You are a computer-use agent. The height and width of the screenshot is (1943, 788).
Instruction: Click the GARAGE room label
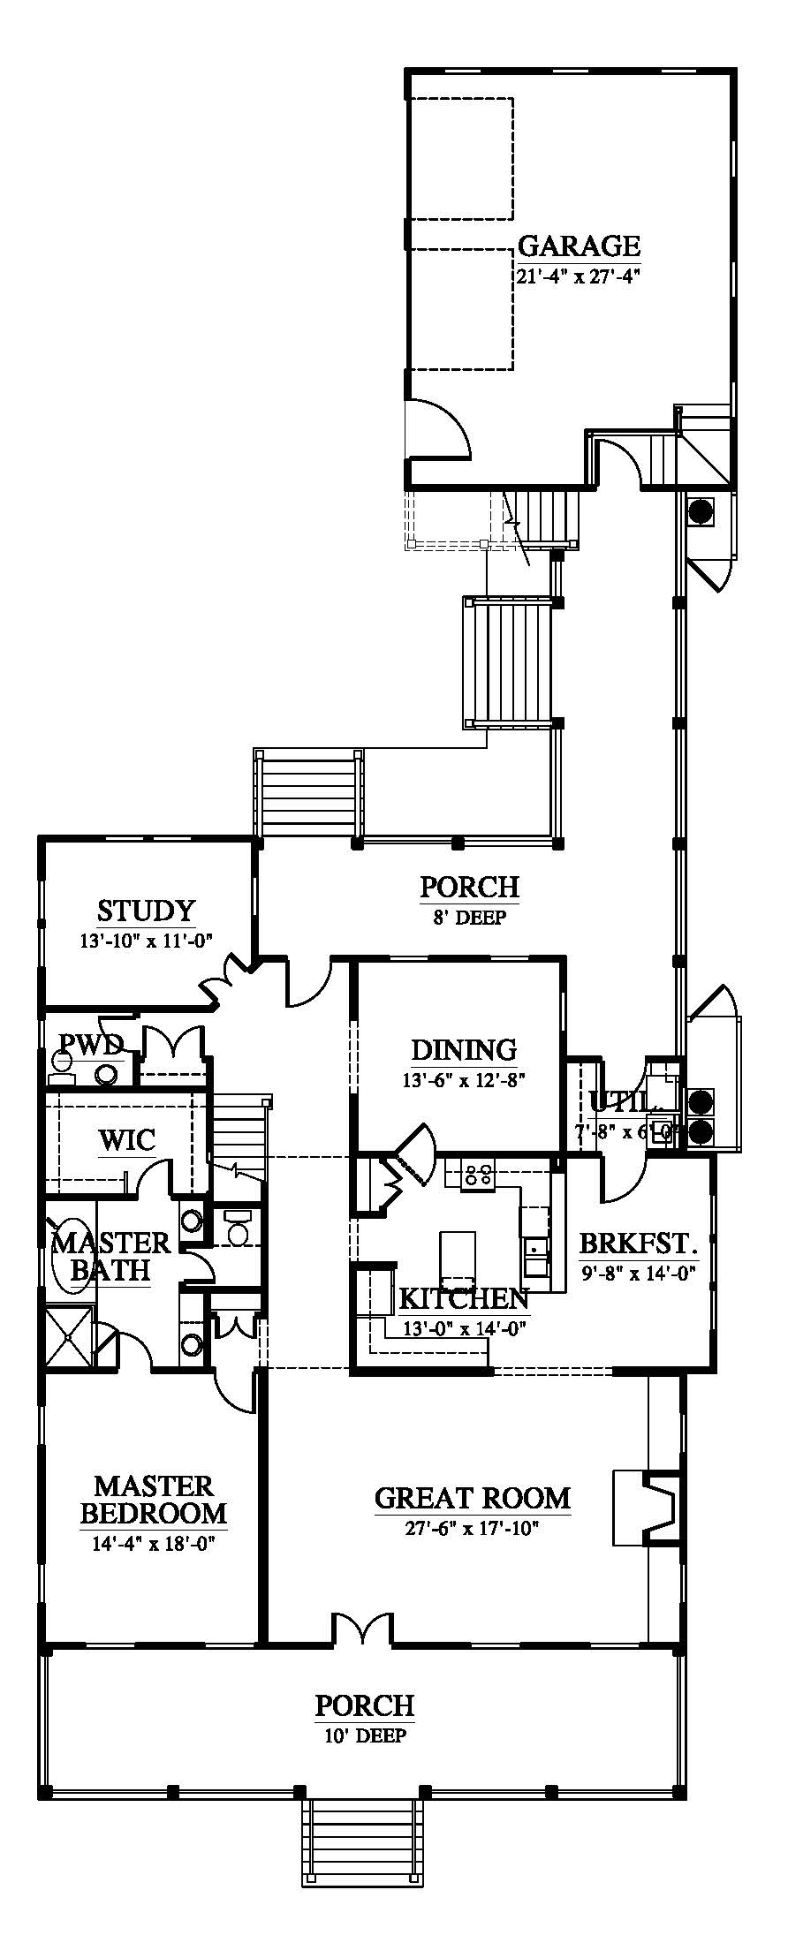[x=579, y=245]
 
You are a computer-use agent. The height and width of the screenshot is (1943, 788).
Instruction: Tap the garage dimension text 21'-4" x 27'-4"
[x=578, y=276]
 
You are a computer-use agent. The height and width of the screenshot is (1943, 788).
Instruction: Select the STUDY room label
[x=146, y=910]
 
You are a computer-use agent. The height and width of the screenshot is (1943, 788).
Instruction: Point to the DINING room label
[x=464, y=1049]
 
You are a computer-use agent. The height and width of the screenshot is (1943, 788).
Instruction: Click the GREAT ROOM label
[x=473, y=1498]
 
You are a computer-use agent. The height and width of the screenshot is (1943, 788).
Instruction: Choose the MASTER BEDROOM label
[x=154, y=1500]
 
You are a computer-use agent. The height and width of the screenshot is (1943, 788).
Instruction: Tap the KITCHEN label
[x=464, y=1298]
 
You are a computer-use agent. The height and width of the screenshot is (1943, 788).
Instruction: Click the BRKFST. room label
[x=639, y=1244]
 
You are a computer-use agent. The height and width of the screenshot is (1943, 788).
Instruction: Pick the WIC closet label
[x=127, y=1139]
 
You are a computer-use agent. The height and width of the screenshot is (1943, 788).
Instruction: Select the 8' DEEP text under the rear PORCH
[x=469, y=918]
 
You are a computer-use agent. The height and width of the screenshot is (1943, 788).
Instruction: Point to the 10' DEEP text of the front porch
[x=364, y=1735]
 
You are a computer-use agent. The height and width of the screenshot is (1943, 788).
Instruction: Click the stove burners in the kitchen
[x=478, y=1174]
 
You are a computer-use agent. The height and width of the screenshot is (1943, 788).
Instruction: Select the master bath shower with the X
[x=68, y=1339]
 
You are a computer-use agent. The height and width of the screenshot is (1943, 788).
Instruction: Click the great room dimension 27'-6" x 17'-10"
[x=472, y=1529]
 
